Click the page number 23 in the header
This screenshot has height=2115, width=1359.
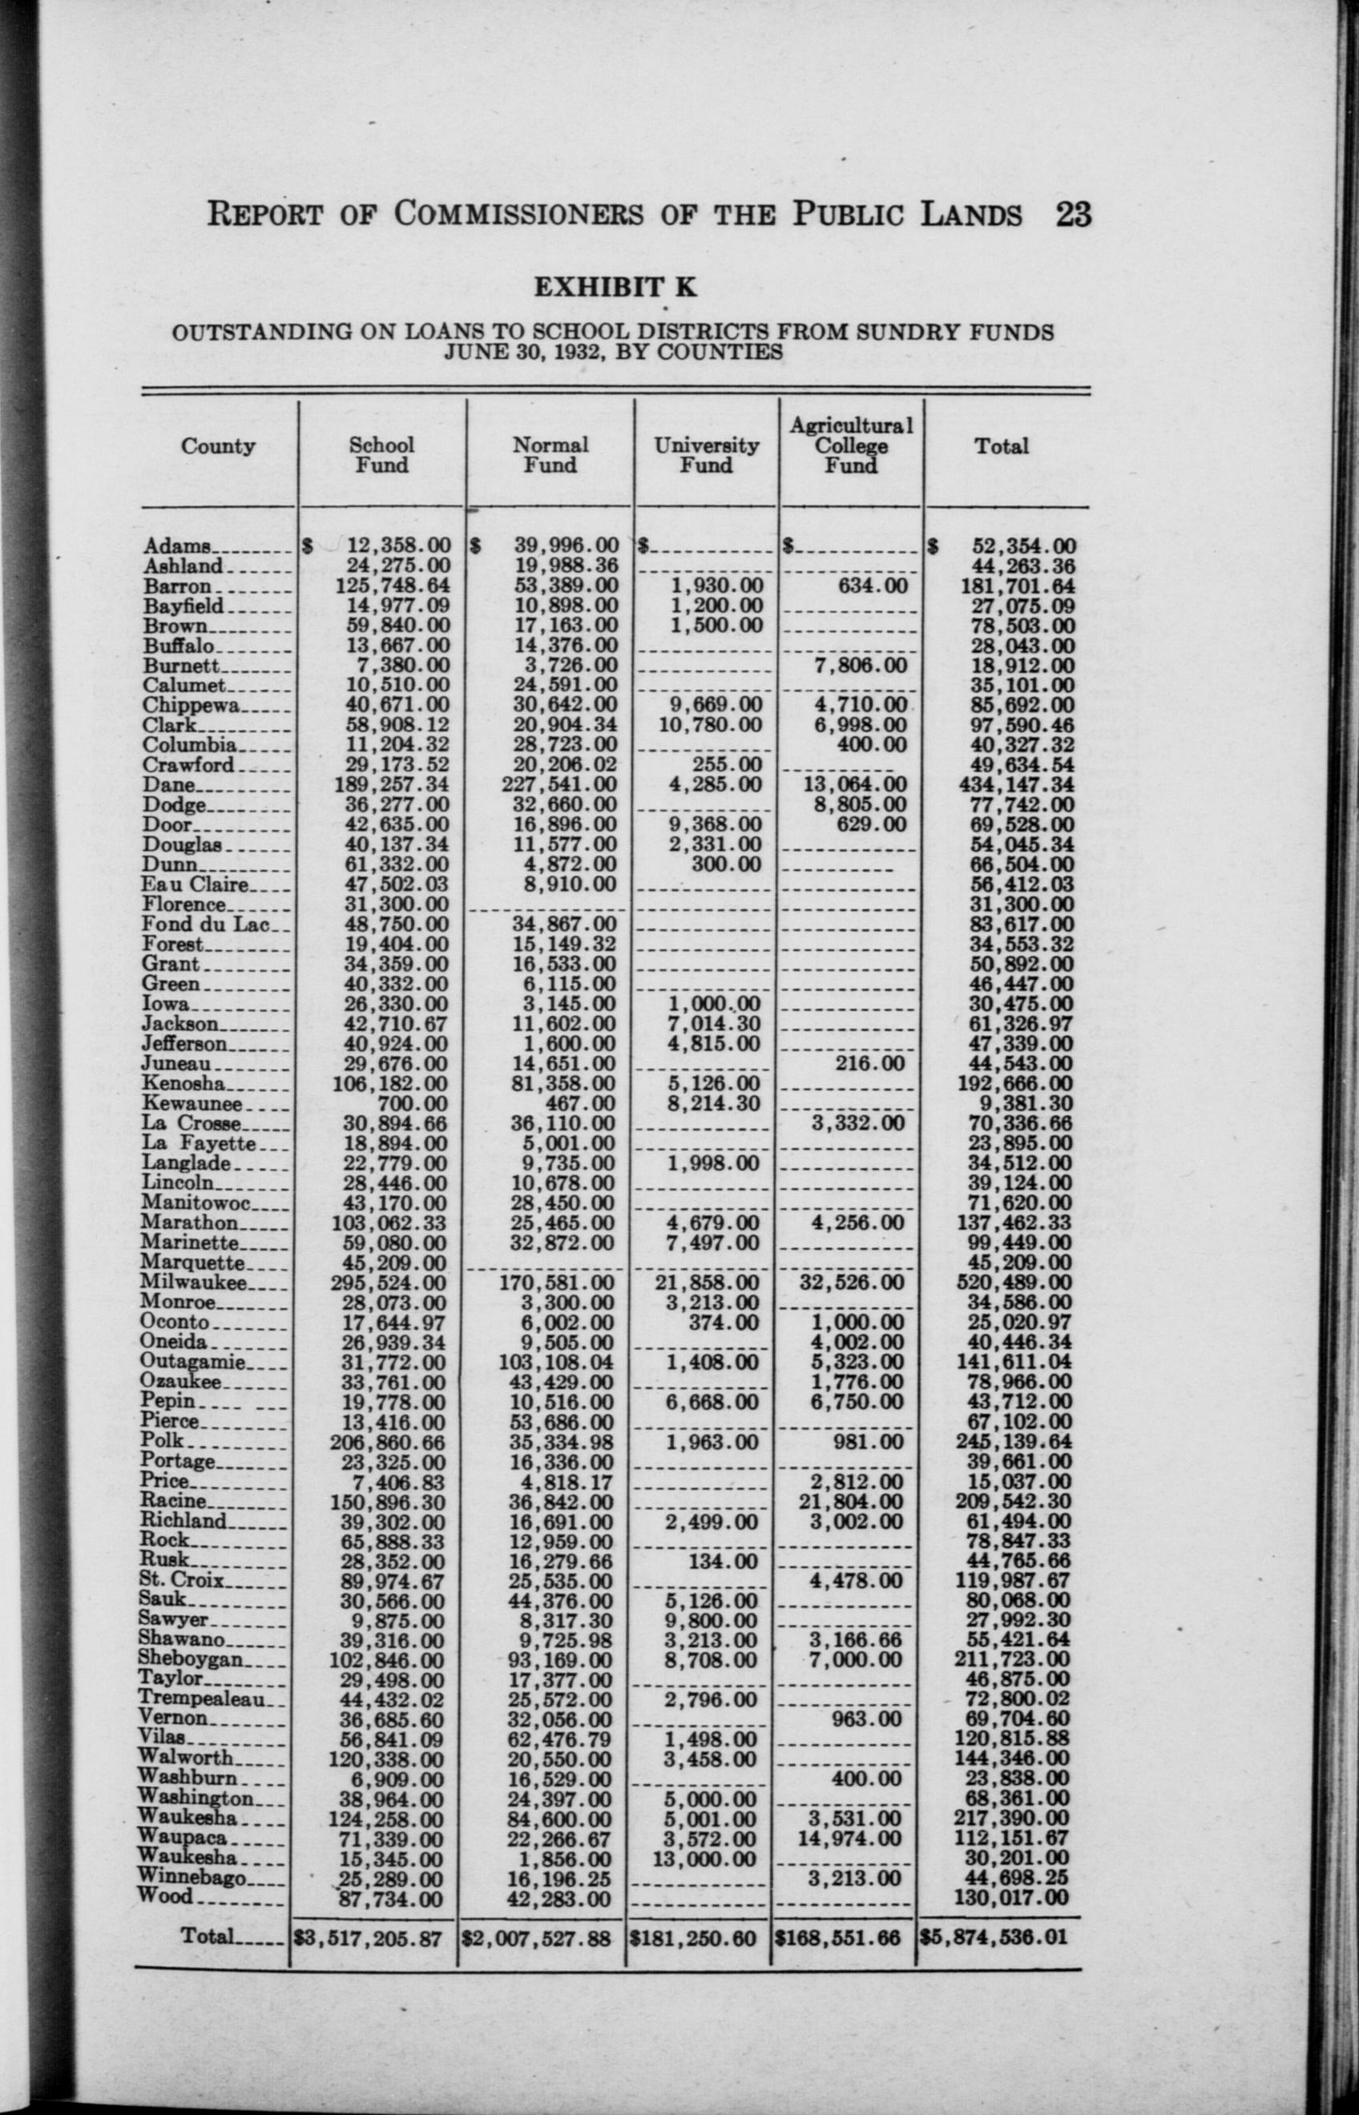[x=1072, y=215]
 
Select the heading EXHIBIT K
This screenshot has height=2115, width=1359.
[x=615, y=288]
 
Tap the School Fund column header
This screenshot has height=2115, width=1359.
[x=381, y=455]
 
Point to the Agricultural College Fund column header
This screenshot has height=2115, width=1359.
[x=851, y=445]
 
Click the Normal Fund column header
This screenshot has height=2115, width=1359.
[x=550, y=455]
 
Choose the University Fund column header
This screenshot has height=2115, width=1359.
[x=706, y=455]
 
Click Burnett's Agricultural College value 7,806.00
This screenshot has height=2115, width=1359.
[x=861, y=665]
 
